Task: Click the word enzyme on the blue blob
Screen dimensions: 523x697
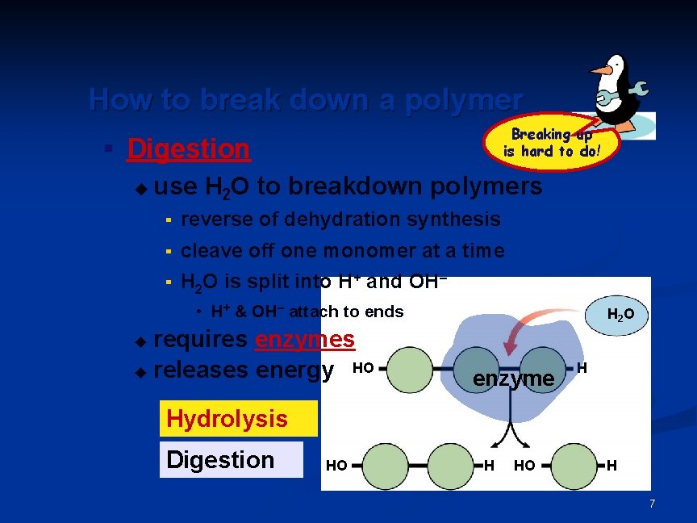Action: click(514, 378)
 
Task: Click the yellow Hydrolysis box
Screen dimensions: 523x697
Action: click(227, 418)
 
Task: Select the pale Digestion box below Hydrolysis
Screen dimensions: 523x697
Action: click(220, 459)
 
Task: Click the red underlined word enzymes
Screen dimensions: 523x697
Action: click(305, 340)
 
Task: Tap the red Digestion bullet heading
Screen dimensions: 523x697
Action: click(189, 149)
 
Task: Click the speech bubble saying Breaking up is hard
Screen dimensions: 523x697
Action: click(552, 143)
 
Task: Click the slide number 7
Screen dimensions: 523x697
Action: click(652, 504)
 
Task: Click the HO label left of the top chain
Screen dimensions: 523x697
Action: click(363, 368)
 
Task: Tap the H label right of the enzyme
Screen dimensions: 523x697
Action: click(582, 368)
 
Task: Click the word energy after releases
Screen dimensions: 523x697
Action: click(294, 370)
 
